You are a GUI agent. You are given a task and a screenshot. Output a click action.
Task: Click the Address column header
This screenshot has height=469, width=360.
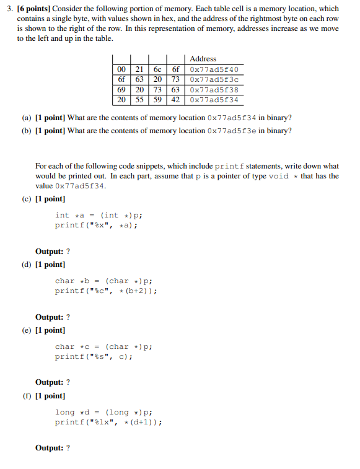click(203, 59)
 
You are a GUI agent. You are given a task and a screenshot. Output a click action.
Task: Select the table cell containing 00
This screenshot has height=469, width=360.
click(121, 69)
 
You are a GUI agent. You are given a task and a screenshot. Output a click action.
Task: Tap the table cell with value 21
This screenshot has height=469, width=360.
click(139, 69)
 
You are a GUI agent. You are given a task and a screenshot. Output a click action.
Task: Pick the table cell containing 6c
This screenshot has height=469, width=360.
click(157, 69)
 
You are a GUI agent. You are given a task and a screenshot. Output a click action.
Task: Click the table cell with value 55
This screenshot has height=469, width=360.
click(139, 99)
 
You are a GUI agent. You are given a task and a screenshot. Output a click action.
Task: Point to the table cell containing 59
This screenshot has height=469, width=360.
click(157, 99)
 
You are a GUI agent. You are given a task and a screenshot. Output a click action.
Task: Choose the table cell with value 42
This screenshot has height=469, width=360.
click(175, 99)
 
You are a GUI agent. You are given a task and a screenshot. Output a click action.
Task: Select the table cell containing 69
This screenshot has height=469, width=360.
click(121, 89)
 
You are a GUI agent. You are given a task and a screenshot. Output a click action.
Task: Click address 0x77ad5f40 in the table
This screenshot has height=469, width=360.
click(214, 69)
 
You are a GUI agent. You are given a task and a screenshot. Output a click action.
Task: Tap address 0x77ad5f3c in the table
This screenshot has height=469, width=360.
click(214, 79)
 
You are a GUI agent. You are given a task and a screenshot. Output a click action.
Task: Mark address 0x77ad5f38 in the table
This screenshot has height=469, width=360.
click(214, 89)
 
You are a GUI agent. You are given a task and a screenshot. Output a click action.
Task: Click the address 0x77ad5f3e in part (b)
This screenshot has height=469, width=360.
click(232, 131)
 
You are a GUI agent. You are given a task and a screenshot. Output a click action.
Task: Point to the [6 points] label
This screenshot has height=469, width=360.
click(38, 9)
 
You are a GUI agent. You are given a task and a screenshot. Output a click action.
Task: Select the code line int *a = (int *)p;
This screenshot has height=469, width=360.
click(99, 215)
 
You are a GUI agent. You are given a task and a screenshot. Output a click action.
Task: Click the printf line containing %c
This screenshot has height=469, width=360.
click(105, 291)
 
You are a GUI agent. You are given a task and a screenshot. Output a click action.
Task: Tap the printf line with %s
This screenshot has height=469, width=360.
click(94, 356)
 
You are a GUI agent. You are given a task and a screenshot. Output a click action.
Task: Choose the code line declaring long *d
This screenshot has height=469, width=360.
click(103, 412)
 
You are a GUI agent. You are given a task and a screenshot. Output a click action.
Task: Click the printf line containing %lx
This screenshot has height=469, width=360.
click(108, 422)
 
